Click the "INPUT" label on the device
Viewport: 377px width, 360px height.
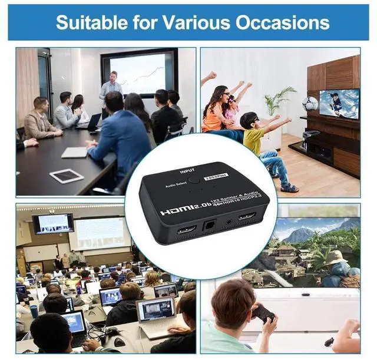pyautogui.click(x=187, y=171)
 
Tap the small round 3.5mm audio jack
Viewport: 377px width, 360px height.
pyautogui.click(x=227, y=223)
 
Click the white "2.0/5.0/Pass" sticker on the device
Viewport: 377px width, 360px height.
pyautogui.click(x=213, y=175)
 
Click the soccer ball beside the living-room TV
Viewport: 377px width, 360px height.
pyautogui.click(x=310, y=104)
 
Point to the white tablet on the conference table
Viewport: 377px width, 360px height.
pyautogui.click(x=67, y=176)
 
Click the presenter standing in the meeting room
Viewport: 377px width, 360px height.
pyautogui.click(x=110, y=91)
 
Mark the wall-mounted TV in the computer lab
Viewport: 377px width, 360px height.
pyautogui.click(x=53, y=223)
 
